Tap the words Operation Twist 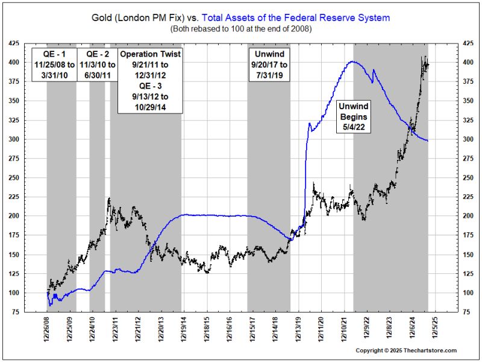point(151,54)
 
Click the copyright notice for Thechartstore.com point(406,351)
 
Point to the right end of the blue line point(428,141)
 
